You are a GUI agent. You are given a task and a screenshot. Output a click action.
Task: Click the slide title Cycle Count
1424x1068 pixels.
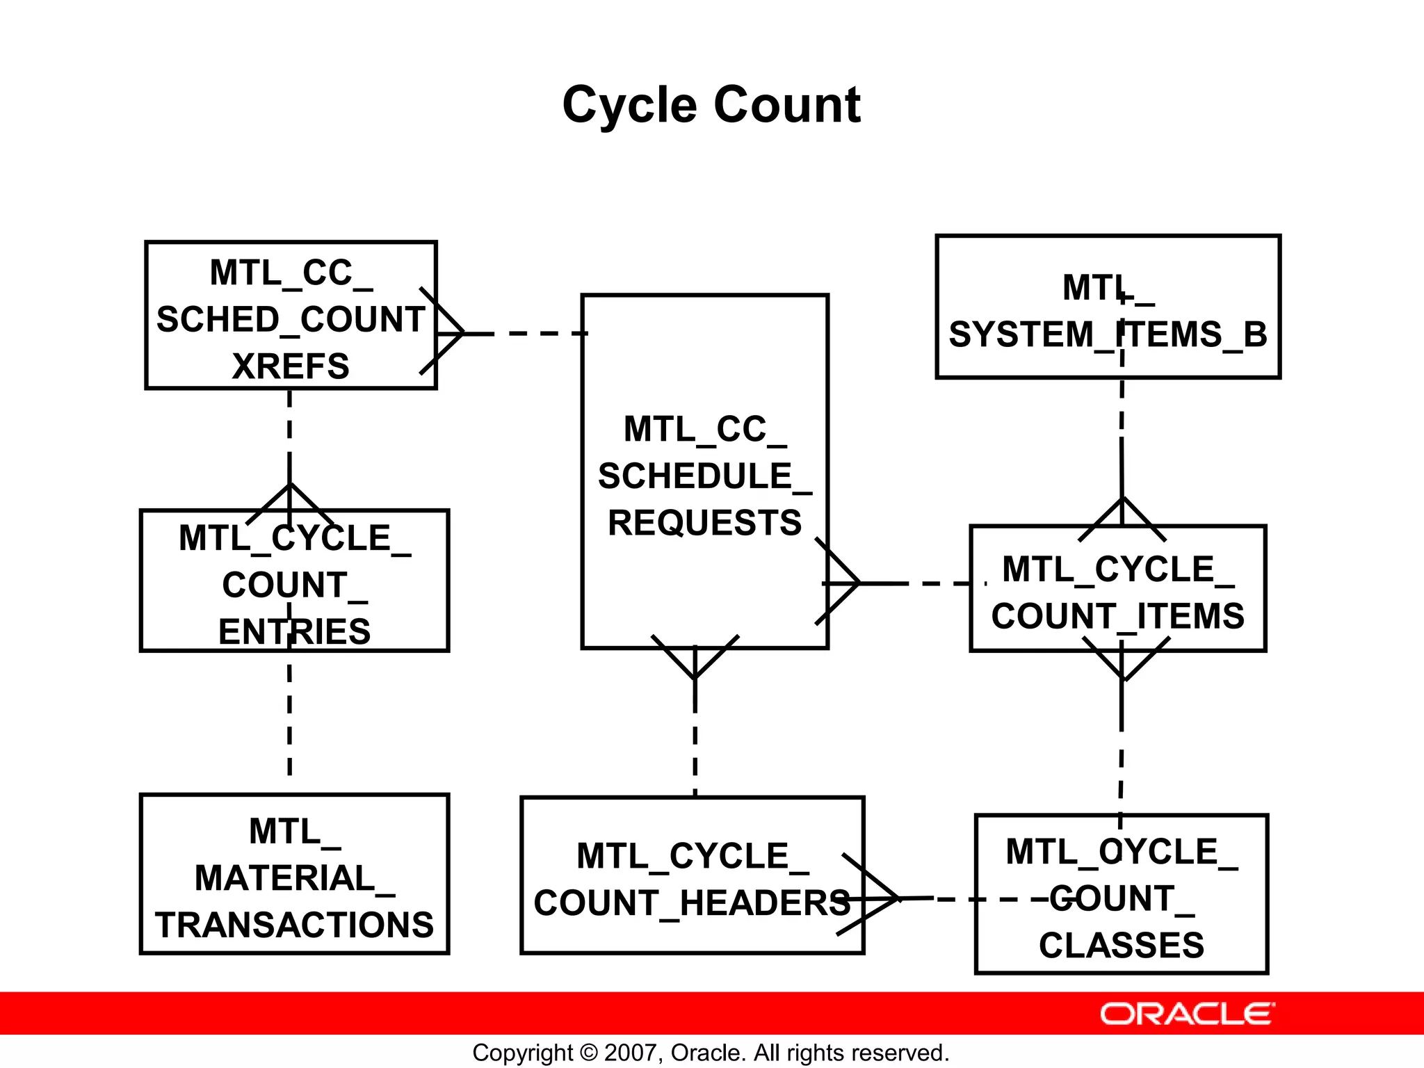[x=711, y=106]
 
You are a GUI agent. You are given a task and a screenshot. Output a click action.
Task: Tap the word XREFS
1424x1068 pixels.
[x=291, y=366]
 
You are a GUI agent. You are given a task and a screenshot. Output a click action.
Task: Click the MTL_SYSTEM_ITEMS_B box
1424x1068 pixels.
[x=1108, y=307]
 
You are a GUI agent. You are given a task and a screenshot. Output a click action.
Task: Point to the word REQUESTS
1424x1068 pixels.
[x=704, y=523]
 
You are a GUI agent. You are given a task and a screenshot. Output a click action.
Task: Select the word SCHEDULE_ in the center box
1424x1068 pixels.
[x=704, y=476]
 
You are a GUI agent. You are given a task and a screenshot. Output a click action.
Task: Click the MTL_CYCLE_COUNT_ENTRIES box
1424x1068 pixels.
[x=294, y=581]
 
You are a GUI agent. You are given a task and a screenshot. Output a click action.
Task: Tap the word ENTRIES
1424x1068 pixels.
[x=294, y=631]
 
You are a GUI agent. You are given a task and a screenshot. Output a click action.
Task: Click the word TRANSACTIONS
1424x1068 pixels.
[x=294, y=925]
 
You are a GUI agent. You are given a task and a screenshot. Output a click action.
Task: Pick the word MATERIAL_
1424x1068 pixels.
[x=294, y=878]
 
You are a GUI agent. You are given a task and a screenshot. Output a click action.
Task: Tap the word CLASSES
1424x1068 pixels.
[x=1121, y=946]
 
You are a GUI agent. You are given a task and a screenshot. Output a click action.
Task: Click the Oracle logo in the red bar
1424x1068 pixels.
[x=1187, y=1014]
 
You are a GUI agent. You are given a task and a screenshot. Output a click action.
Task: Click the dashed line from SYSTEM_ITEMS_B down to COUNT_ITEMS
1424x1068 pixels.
[x=1122, y=431]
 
